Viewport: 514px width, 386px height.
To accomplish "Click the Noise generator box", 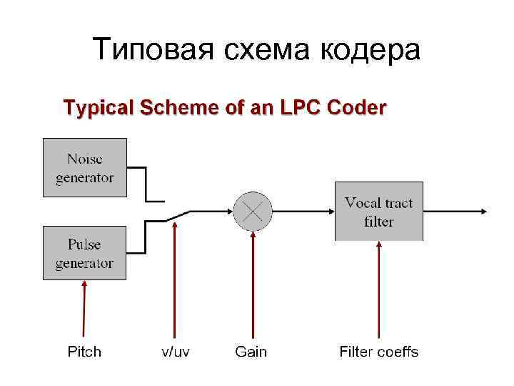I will point(84,167).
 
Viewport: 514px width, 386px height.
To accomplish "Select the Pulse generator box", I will point(84,253).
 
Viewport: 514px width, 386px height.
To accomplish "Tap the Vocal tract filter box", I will point(378,211).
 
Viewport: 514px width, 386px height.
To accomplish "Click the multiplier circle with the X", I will point(253,211).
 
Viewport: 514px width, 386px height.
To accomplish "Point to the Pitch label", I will point(84,352).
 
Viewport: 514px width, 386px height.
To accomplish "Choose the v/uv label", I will point(175,352).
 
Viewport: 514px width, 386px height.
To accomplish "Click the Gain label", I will point(251,352).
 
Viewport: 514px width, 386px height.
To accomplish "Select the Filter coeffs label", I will point(378,352).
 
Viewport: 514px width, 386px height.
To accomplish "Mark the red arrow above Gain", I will point(252,286).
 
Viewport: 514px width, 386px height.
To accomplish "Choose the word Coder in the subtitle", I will point(356,108).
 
